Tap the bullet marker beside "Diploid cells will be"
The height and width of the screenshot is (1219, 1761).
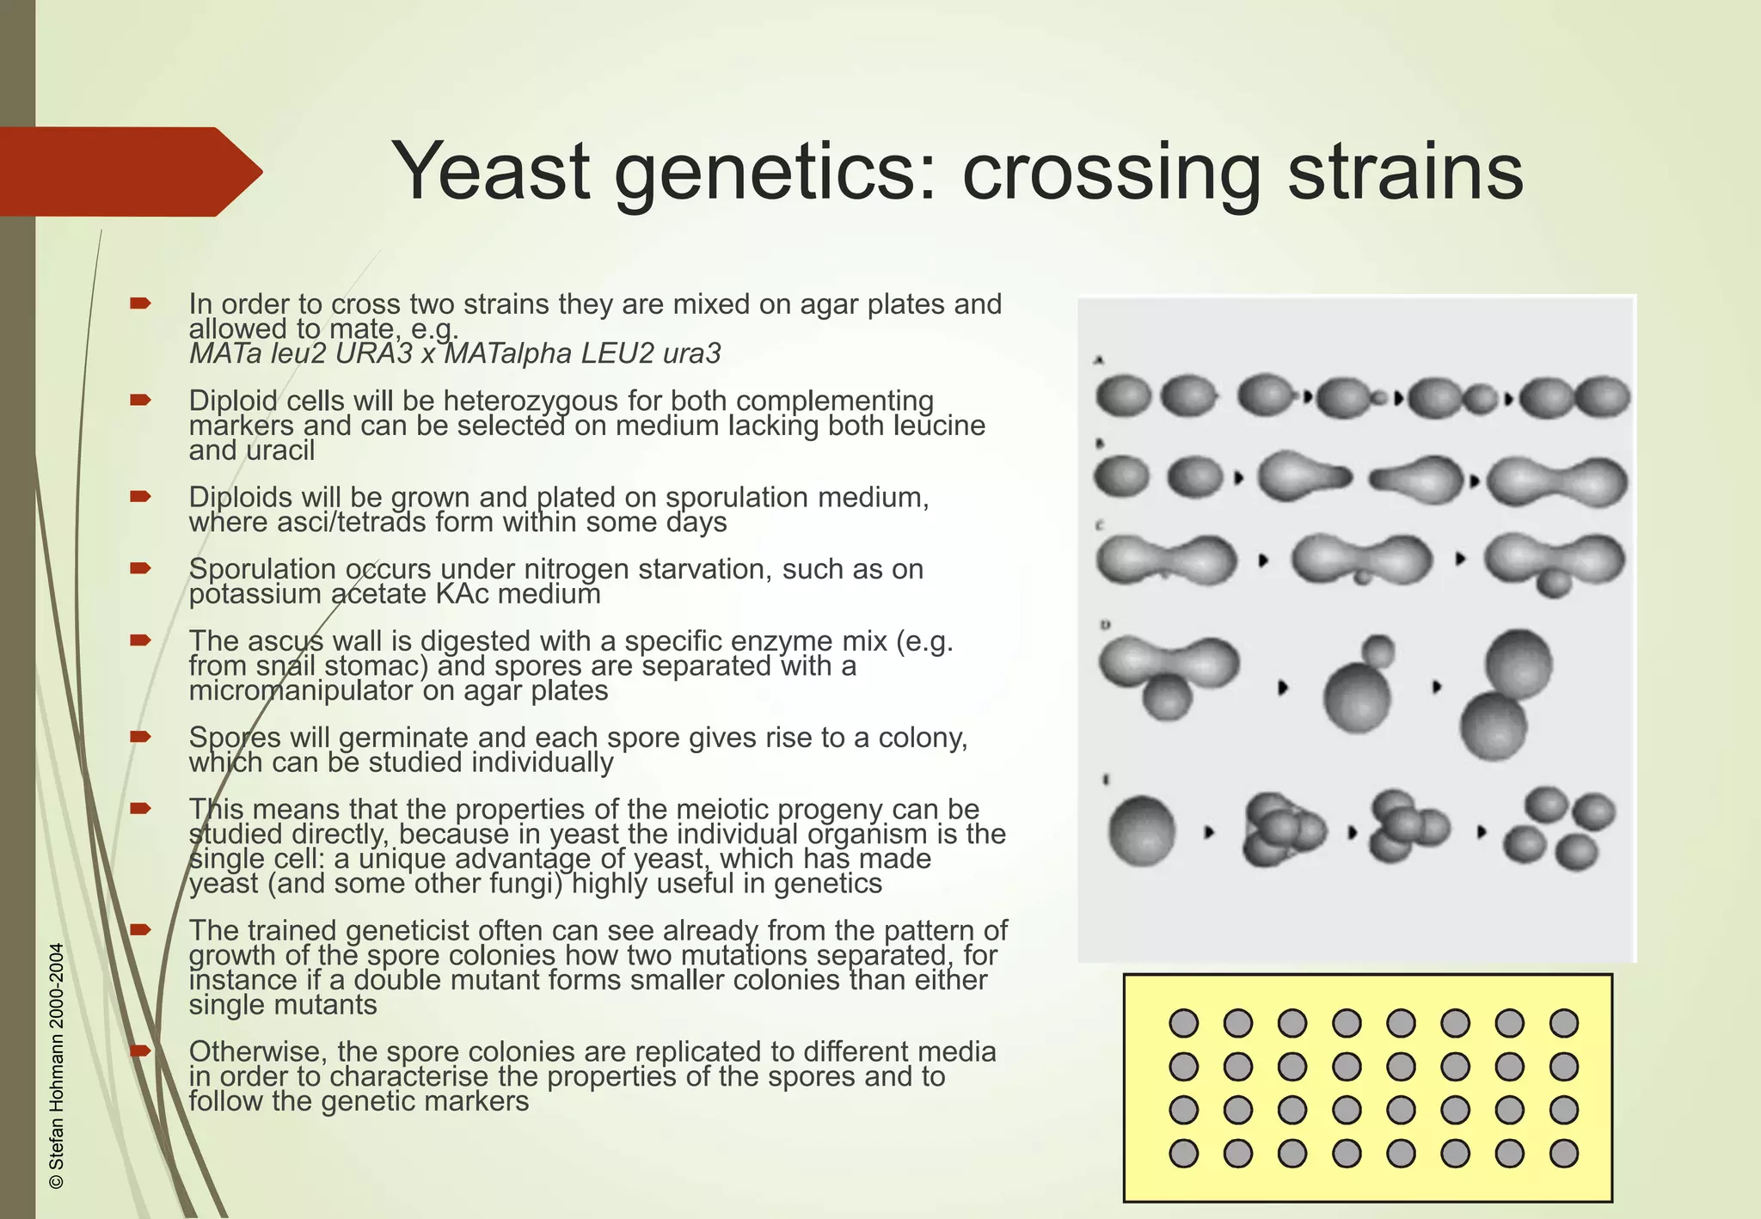click(x=140, y=400)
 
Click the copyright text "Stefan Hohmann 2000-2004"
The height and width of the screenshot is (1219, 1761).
click(x=57, y=1066)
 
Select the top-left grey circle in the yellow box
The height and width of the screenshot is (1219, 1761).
click(x=1184, y=1023)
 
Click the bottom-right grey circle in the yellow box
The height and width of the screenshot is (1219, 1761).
click(x=1563, y=1153)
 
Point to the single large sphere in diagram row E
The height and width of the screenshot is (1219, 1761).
click(x=1141, y=830)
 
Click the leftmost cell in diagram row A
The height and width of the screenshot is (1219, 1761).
click(x=1122, y=396)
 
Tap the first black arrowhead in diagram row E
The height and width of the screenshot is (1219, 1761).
click(x=1209, y=832)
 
